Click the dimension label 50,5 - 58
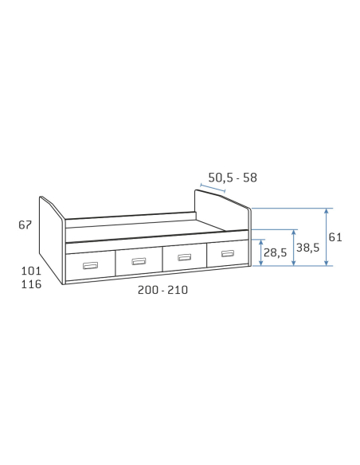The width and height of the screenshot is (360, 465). tap(233, 178)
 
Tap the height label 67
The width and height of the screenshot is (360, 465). tap(25, 225)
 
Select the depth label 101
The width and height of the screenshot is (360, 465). tap(31, 271)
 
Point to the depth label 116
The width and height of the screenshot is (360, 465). tap(31, 284)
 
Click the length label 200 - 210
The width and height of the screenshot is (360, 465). tap(162, 290)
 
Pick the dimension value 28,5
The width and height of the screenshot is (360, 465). tap(276, 252)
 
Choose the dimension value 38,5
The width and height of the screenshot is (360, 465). tap(307, 248)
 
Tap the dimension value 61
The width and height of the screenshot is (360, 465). tap(335, 237)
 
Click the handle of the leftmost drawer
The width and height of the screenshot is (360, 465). tap(90, 265)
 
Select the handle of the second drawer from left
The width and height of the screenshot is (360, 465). tap(139, 261)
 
